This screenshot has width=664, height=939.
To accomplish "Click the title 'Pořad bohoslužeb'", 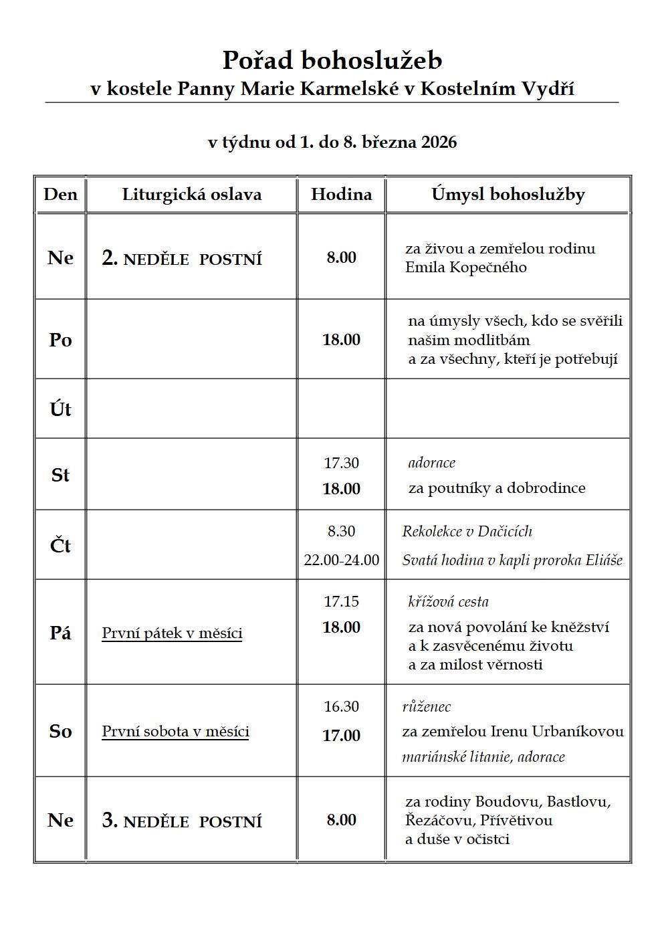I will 332,60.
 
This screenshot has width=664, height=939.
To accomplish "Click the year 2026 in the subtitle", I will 439,142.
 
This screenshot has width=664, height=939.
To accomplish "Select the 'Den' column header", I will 60,195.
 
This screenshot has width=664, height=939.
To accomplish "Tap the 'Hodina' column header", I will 341,195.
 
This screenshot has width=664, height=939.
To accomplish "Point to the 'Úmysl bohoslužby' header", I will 508,195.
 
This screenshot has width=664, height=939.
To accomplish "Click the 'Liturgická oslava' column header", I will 192,195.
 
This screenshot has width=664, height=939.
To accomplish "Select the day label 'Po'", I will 60,340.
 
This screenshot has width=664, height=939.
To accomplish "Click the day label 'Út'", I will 60,409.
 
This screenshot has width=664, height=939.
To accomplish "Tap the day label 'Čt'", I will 60,546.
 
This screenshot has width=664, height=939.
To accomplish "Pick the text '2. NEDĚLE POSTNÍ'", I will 182,259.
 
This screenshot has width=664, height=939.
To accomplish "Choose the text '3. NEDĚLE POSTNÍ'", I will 182,821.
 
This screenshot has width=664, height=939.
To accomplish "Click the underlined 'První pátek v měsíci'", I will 172,633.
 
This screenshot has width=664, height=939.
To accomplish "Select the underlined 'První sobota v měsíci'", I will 175,732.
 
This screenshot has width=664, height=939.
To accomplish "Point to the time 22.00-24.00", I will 341,560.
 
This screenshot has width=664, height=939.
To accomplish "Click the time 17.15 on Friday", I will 341,601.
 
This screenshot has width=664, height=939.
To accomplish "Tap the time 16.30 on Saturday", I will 341,707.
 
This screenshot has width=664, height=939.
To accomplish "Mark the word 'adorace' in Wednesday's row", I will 432,463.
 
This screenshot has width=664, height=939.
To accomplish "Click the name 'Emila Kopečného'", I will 466,268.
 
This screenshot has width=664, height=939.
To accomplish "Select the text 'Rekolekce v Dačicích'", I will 467,532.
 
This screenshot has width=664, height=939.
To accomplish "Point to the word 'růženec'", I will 427,707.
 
